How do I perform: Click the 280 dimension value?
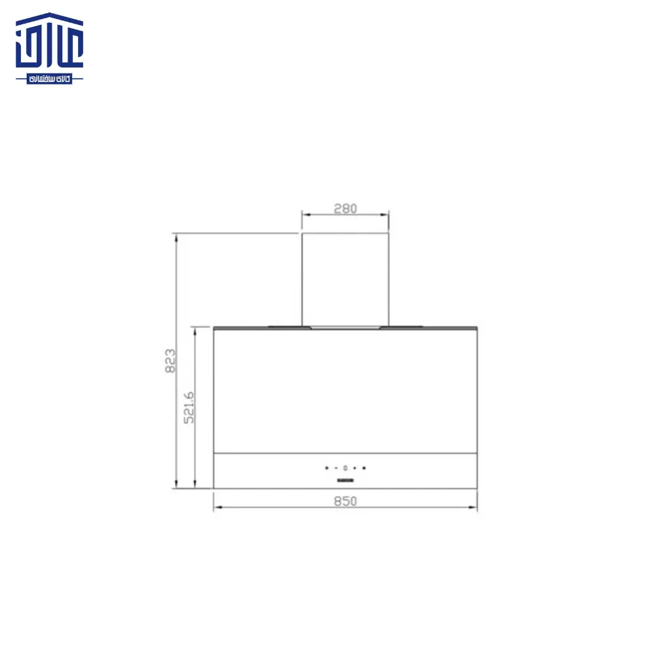[x=345, y=209]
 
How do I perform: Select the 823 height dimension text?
[x=170, y=360]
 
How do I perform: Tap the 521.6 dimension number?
[x=189, y=408]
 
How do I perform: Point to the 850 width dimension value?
[x=345, y=501]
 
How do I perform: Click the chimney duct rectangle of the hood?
[x=345, y=278]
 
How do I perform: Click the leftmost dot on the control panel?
[x=326, y=468]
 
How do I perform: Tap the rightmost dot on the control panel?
[x=364, y=468]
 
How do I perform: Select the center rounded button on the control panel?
[x=345, y=468]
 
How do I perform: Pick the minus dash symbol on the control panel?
[x=335, y=468]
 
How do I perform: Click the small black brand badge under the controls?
[x=345, y=481]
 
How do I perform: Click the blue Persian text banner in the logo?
[x=50, y=79]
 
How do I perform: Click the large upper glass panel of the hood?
[x=345, y=390]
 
